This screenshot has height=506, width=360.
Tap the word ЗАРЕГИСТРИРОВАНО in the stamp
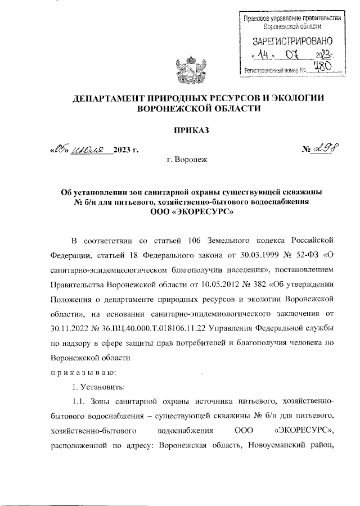[292, 41]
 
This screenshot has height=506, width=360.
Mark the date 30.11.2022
[71, 328]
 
